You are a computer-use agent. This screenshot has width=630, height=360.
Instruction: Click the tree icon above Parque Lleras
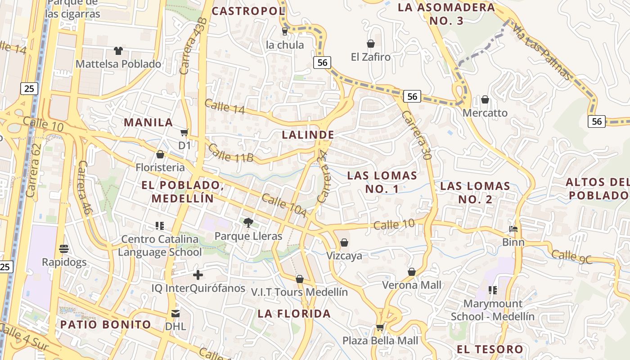[x=247, y=222]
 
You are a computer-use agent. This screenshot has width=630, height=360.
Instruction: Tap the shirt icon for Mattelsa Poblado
[x=118, y=50]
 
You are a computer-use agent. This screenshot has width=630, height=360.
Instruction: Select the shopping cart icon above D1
[x=184, y=132]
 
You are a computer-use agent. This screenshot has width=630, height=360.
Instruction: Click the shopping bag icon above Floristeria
[x=160, y=154]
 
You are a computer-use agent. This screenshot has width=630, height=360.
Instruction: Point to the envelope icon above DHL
[x=175, y=313]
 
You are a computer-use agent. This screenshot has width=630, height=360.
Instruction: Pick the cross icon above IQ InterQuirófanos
[x=198, y=274]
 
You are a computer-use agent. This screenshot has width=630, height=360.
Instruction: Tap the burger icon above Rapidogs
[x=63, y=248]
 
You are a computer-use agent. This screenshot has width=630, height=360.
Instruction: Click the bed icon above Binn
[x=513, y=229]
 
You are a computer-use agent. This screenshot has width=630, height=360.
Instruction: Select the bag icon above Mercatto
[x=485, y=99]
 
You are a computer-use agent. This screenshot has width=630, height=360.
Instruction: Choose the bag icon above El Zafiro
[x=371, y=44]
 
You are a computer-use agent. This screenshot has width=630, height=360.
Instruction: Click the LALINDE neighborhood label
[x=308, y=135]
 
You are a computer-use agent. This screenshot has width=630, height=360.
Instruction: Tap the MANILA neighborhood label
[x=148, y=122]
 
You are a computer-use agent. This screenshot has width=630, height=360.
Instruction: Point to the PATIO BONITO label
[x=106, y=324]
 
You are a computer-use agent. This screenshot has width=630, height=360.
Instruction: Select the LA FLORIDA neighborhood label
[x=294, y=314]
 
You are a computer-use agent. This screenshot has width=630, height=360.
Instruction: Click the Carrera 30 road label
[x=416, y=136]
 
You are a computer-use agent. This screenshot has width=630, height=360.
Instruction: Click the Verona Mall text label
[x=412, y=285]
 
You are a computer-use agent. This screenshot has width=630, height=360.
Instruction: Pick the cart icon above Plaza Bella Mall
[x=380, y=327]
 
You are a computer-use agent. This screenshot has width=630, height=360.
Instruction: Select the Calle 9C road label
[x=572, y=256]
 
